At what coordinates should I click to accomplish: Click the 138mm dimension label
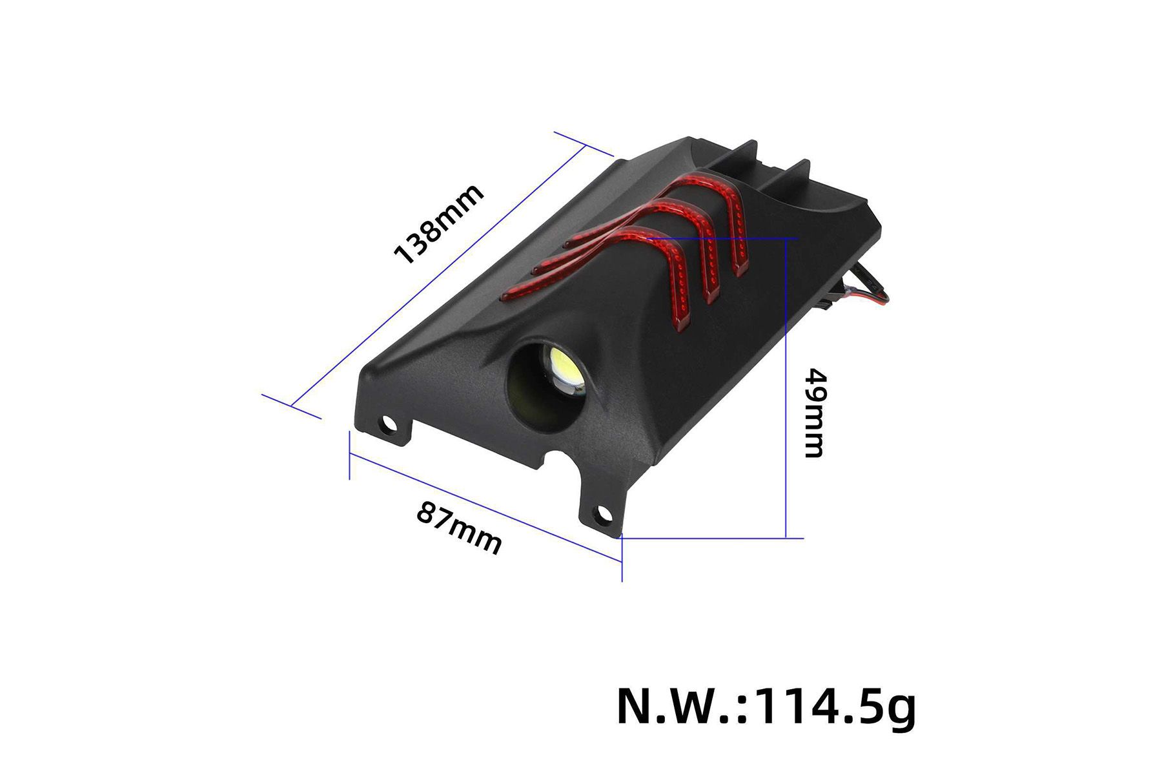coord(438,224)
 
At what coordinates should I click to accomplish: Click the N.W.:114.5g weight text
coord(766,707)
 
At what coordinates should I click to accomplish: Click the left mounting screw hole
coord(389,424)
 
